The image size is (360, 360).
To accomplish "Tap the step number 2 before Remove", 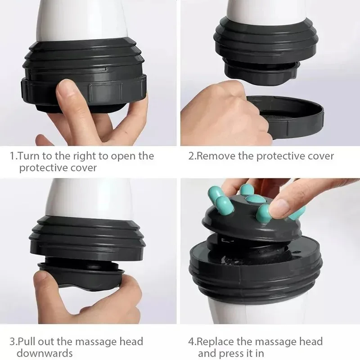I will pos(191,157).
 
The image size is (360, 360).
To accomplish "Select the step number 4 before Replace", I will pos(191,342).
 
